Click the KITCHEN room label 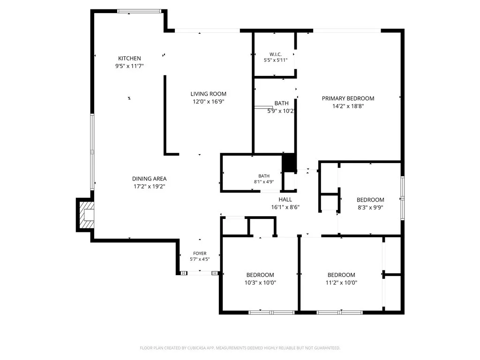coord(129,58)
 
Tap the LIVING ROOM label coord(209,94)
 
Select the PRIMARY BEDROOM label coord(348,98)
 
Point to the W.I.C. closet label coord(276,54)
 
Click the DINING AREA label coord(150,179)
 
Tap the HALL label coord(285,200)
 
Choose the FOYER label coord(200,253)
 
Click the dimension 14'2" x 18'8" coord(348,106)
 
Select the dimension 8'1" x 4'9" coord(264,181)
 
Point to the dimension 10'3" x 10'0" coord(260,283)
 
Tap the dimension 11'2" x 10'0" coord(341,283)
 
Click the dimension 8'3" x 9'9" coord(370,207)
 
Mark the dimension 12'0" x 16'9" coord(209,102)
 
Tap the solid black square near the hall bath coord(289,163)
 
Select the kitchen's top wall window coord(139,11)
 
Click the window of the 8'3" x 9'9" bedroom coord(403,198)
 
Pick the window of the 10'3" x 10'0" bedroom coord(271,313)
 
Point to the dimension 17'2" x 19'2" coord(150,187)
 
